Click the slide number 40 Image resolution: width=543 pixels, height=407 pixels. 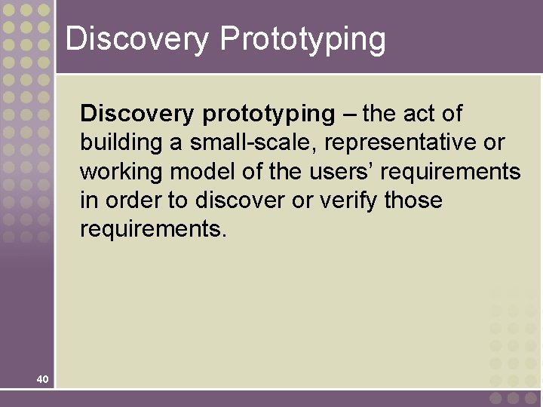(x=42, y=379)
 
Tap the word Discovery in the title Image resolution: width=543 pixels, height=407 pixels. (x=137, y=38)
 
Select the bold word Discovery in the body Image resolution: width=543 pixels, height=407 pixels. (x=137, y=114)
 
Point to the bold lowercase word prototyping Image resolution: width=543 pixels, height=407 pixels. (x=268, y=115)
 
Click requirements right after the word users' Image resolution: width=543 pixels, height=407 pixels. (x=450, y=172)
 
